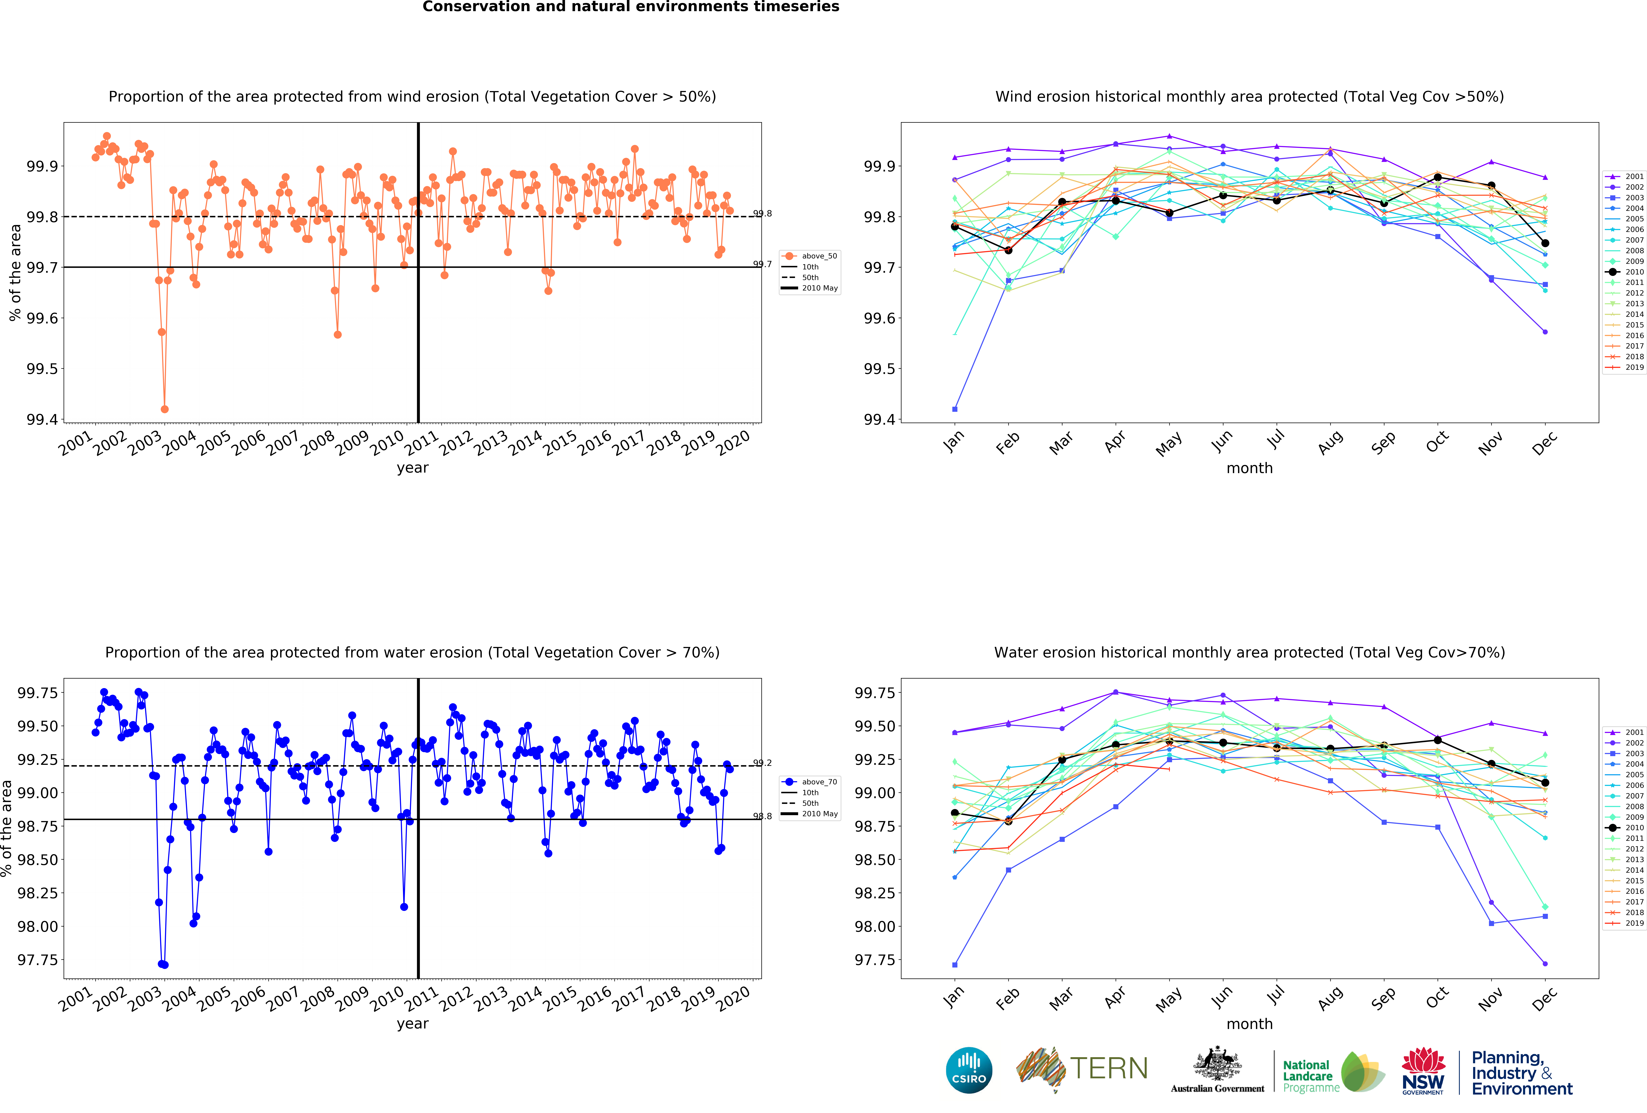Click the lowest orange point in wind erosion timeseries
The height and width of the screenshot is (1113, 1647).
(164, 409)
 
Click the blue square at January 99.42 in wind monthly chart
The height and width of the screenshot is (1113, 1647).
(955, 409)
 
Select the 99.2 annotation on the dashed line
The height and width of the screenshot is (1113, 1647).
(763, 763)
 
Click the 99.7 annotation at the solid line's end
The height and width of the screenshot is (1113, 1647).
(763, 264)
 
